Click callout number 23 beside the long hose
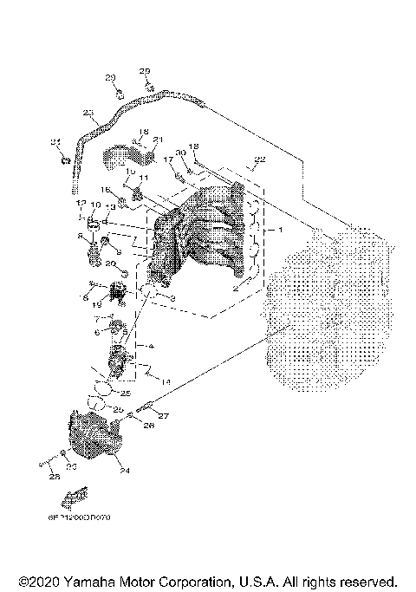click(x=88, y=113)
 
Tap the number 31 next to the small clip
click(x=55, y=142)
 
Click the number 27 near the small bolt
click(x=163, y=417)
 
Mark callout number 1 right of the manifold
click(x=278, y=231)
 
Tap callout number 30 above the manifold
click(x=180, y=153)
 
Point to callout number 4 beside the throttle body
click(x=151, y=346)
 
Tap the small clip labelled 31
click(x=66, y=159)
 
